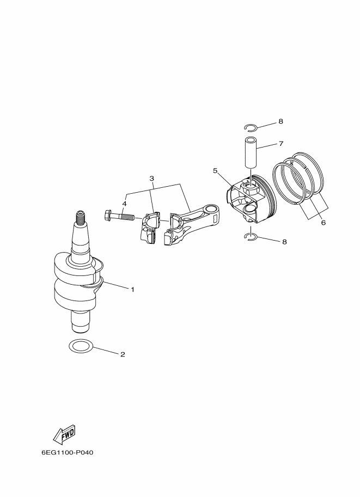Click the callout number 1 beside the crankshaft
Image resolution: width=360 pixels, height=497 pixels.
(x=132, y=290)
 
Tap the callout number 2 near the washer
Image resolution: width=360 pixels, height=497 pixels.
(x=123, y=354)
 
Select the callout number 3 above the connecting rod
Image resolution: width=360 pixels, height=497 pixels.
(x=151, y=179)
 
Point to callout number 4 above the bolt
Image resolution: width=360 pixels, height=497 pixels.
(x=124, y=204)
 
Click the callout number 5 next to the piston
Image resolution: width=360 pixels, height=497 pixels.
(x=215, y=171)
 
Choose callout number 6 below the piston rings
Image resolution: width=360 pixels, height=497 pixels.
(x=323, y=223)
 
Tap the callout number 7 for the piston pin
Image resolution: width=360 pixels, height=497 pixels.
(x=281, y=144)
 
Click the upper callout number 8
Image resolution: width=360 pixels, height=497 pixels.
(x=280, y=121)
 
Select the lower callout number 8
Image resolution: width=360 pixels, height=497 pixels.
(x=284, y=242)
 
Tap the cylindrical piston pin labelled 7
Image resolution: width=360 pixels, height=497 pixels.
(x=251, y=152)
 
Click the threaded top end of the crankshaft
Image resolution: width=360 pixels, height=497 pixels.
(x=81, y=217)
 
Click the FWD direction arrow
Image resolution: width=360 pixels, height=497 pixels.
(x=64, y=433)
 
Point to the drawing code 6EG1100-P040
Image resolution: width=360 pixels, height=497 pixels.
(x=67, y=452)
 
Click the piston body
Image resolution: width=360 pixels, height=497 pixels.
(x=251, y=199)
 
